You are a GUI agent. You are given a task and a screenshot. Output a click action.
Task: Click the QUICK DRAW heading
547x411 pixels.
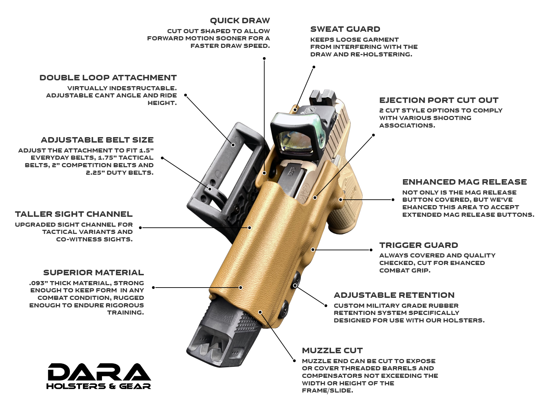tap(240, 21)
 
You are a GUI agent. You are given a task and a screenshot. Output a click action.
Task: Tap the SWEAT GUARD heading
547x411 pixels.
tap(345, 29)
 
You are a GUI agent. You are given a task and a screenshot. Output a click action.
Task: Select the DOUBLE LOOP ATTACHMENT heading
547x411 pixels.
tap(108, 78)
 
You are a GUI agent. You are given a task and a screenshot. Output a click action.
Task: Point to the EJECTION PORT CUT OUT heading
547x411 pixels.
tap(438, 100)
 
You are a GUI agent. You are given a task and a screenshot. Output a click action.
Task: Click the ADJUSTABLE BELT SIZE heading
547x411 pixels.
tap(97, 140)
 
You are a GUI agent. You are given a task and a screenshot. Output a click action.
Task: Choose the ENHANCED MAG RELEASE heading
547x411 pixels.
tap(465, 182)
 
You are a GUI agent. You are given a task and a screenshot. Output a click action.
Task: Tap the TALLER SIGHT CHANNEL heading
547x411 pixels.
tap(74, 214)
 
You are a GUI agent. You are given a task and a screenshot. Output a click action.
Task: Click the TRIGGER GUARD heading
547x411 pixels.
tap(419, 245)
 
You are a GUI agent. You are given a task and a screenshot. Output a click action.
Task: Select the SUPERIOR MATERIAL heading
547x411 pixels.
tap(94, 273)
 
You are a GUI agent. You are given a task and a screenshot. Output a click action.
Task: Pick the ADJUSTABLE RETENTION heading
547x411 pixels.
tap(394, 295)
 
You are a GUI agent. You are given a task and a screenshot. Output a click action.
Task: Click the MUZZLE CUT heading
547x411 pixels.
tap(332, 351)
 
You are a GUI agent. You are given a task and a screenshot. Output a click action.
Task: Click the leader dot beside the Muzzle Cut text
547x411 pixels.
tap(294, 361)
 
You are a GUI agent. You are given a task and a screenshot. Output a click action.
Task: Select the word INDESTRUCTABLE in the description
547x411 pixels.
tap(143, 88)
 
